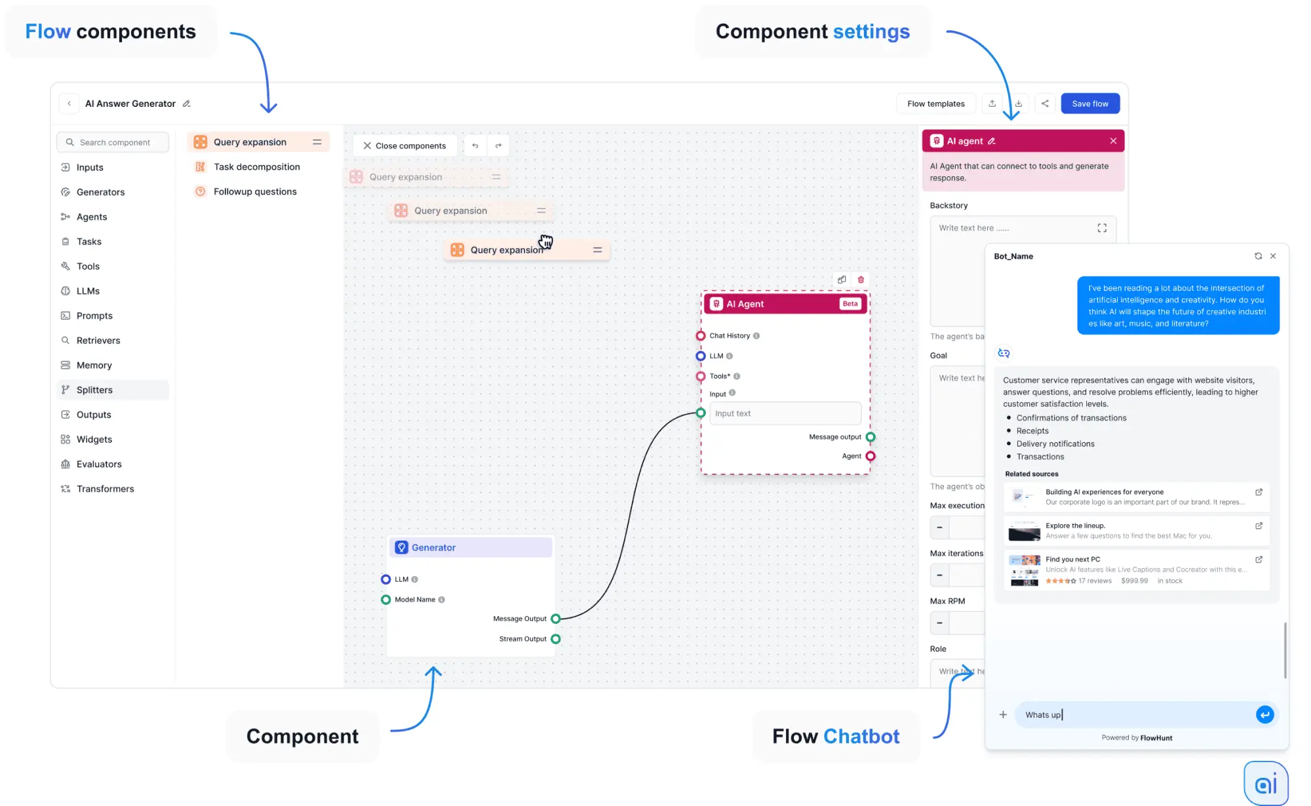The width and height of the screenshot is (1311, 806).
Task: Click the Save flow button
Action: [x=1089, y=104]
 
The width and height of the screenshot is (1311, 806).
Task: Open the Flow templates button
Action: [x=935, y=104]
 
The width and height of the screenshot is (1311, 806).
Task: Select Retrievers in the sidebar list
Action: [x=98, y=340]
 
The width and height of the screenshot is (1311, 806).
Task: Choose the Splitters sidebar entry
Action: [x=94, y=390]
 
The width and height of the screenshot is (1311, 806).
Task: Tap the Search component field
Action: [x=115, y=142]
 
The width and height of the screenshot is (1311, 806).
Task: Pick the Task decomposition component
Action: [x=256, y=167]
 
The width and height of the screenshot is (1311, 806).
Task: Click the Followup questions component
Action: [x=255, y=191]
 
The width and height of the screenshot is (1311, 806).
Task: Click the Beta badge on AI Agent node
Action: [x=850, y=304]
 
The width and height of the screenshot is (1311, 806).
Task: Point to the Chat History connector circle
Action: [x=701, y=336]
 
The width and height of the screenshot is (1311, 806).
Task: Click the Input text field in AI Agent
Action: [x=785, y=413]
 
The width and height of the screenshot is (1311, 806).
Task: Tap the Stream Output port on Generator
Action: [x=556, y=639]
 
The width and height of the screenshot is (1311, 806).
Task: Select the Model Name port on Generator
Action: [x=386, y=600]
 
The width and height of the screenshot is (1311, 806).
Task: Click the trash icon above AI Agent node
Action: [x=861, y=280]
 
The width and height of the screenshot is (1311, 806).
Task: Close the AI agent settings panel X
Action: [x=1113, y=141]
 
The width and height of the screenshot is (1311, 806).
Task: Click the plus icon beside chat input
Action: [x=1003, y=714]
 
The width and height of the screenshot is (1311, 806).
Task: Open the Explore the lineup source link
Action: [x=1259, y=526]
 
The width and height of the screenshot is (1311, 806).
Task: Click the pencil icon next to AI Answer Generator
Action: [x=187, y=104]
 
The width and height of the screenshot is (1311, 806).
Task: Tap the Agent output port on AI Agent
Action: [x=871, y=456]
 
